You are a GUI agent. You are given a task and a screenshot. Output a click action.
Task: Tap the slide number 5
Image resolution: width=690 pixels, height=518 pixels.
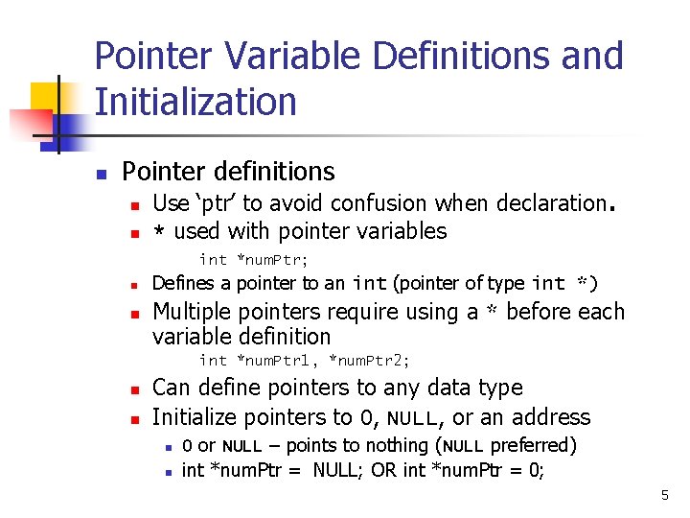coord(663,495)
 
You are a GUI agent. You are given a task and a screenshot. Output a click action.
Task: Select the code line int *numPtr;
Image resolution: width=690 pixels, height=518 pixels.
coord(253,259)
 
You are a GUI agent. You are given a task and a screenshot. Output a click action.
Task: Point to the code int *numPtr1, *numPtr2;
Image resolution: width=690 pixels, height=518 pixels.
coord(304,361)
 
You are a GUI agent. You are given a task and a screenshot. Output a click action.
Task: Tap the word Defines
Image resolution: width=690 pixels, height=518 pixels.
coord(184,283)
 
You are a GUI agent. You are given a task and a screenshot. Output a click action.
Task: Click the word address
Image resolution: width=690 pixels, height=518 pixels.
coord(551,417)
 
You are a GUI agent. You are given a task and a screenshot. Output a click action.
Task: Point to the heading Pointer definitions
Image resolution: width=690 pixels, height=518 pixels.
coord(228,172)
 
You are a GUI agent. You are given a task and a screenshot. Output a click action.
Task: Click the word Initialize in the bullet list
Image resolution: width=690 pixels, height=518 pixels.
coord(196,417)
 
